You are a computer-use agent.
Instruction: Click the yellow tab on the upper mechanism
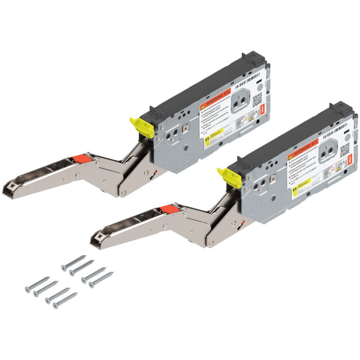(x=139, y=126)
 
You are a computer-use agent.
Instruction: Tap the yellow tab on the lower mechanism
(x=227, y=177)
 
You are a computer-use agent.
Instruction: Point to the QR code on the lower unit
(x=345, y=150)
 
